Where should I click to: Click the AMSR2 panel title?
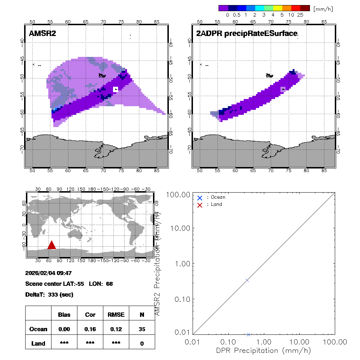pyautogui.click(x=42, y=34)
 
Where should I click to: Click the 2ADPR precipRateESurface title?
pyautogui.click(x=247, y=34)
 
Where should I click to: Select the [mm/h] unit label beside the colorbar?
pyautogui.click(x=323, y=8)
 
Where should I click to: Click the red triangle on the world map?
pyautogui.click(x=51, y=245)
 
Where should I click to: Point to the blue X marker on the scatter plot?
pyautogui.click(x=247, y=280)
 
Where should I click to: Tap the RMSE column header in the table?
pyautogui.click(x=116, y=315)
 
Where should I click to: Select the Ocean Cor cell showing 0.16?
pyautogui.click(x=90, y=329)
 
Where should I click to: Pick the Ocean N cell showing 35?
pyautogui.click(x=142, y=329)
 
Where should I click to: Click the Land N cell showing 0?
pyautogui.click(x=142, y=343)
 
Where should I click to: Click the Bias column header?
pyautogui.click(x=64, y=315)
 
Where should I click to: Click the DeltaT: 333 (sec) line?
pyautogui.click(x=49, y=294)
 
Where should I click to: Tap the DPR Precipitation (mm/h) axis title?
pyautogui.click(x=264, y=350)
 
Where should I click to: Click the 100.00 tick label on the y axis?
pyautogui.click(x=177, y=194)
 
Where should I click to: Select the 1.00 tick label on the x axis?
pyautogui.click(x=264, y=342)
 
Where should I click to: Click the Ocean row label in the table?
pyautogui.click(x=38, y=329)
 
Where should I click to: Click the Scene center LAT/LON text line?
pyautogui.click(x=69, y=284)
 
